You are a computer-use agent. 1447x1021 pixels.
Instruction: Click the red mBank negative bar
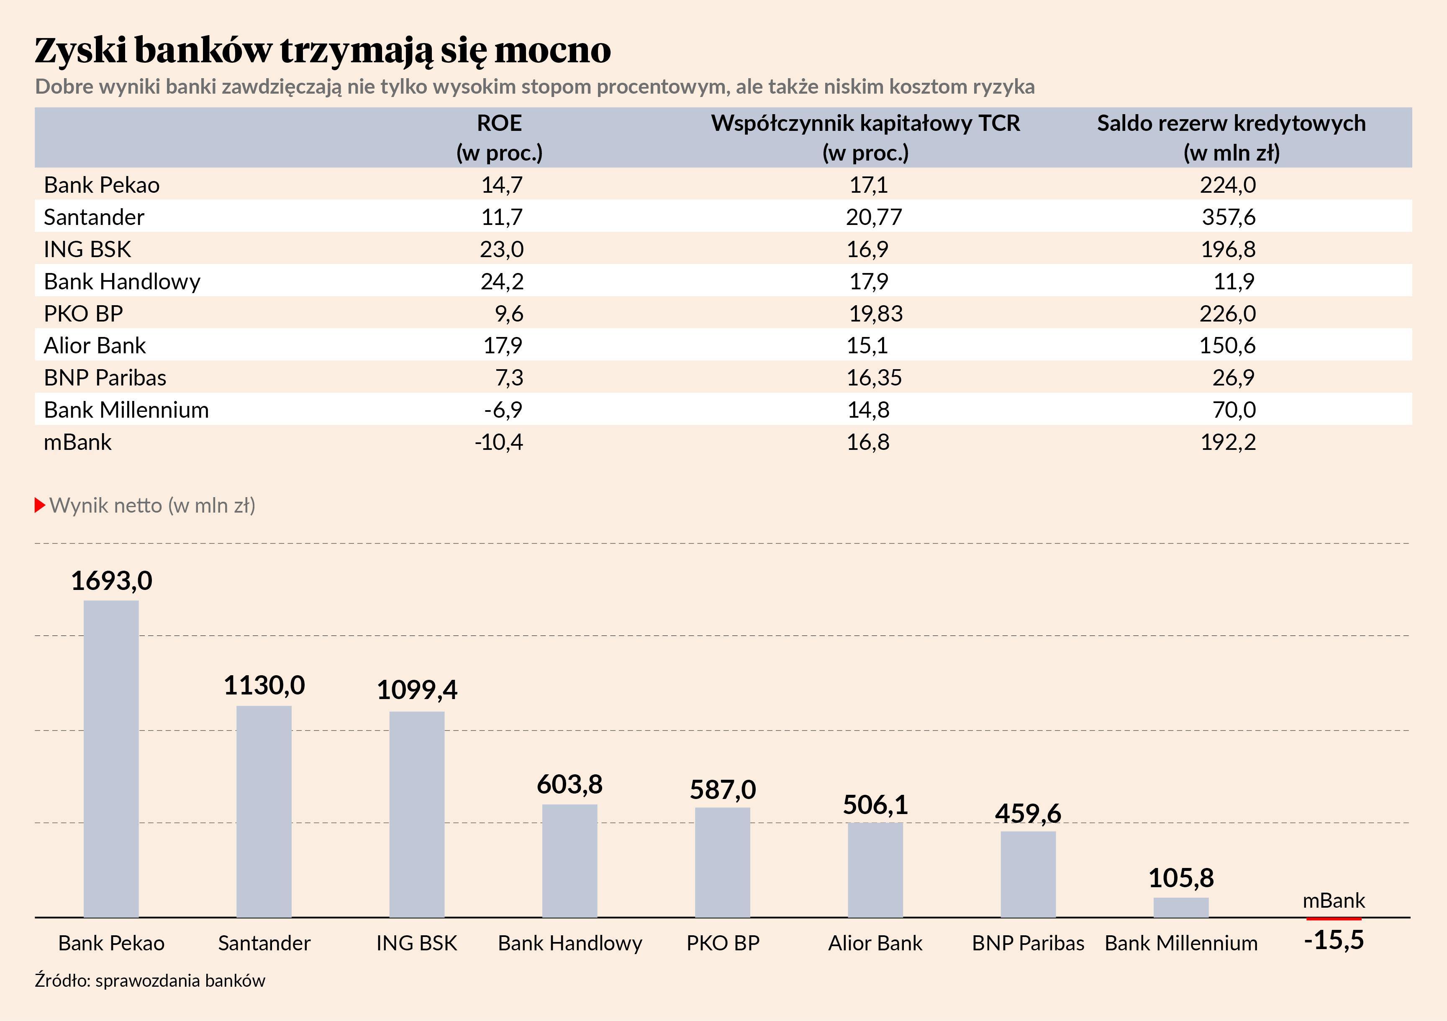[1334, 919]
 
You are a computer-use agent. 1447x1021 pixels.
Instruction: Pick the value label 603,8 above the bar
[570, 785]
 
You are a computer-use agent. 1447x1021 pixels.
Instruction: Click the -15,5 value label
[1334, 940]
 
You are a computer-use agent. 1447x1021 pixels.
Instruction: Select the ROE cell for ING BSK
[502, 250]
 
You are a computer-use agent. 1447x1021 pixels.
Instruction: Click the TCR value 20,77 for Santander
[873, 217]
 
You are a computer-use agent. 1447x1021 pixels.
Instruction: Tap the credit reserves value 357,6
[1228, 217]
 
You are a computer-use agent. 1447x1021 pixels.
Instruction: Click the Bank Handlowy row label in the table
[122, 281]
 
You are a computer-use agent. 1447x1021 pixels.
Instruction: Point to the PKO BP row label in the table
[83, 314]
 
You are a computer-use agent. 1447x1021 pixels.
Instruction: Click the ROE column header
[499, 137]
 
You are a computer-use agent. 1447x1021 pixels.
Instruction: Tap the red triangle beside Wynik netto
[40, 505]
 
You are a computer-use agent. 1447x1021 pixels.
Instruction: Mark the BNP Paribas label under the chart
[1028, 943]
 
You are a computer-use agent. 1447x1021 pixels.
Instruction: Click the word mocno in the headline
[553, 51]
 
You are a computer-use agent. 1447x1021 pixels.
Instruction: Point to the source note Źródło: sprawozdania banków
[150, 981]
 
